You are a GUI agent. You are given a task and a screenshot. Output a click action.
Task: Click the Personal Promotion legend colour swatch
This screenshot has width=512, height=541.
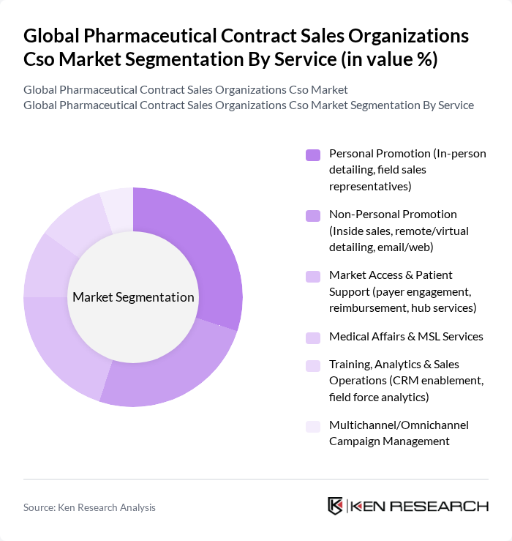coord(313,154)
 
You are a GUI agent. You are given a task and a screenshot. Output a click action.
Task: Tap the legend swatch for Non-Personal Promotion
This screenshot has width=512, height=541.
coord(313,215)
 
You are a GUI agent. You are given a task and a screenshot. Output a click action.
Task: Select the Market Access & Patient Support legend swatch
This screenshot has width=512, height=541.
coord(313,276)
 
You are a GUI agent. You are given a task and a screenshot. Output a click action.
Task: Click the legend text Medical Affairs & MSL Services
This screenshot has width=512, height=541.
coord(406,337)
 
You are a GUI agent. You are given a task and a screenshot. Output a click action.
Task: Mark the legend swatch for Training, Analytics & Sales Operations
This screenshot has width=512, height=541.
coord(313,365)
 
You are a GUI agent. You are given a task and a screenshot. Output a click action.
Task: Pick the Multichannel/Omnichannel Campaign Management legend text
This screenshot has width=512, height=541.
coord(399,433)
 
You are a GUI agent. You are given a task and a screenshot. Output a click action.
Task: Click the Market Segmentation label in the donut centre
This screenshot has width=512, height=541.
coord(133,297)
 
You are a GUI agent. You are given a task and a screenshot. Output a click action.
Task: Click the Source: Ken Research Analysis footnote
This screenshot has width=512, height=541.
coord(89,507)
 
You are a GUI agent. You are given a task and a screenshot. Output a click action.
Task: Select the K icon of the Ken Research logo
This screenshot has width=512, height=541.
coord(336,507)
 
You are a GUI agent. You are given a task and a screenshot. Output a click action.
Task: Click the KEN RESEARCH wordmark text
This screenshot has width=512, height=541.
coord(420,507)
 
